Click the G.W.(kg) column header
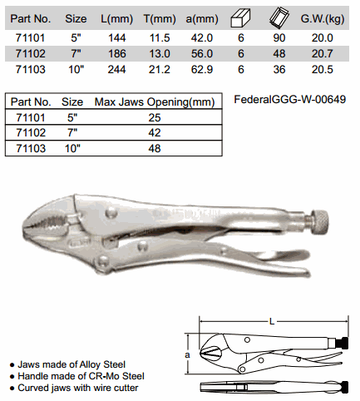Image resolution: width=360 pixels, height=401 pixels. [323, 19]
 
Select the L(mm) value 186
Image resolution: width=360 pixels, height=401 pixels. [117, 53]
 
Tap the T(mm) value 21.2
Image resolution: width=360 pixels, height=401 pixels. [160, 69]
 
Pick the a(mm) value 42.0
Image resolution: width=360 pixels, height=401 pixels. [202, 37]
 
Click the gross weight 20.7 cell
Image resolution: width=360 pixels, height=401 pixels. [322, 53]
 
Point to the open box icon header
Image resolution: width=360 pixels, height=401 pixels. [279, 18]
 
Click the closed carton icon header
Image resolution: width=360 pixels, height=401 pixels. [240, 18]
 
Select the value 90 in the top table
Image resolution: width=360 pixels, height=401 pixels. [279, 37]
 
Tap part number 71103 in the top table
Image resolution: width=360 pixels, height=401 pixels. [31, 69]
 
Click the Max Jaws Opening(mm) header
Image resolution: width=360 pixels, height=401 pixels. [155, 102]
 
